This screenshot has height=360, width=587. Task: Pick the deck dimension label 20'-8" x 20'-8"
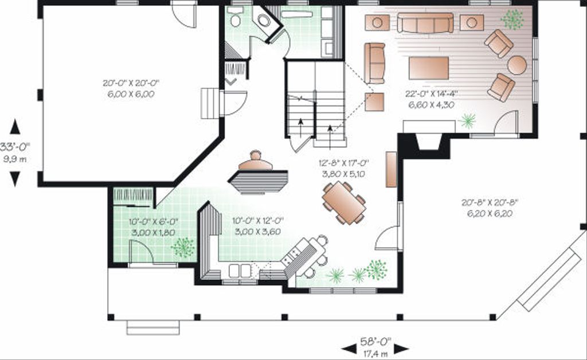click(x=486, y=208)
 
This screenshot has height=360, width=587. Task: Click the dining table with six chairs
click(x=343, y=202)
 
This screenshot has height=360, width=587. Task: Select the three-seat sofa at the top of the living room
click(x=425, y=23)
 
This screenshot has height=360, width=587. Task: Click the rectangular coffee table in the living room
click(x=428, y=68)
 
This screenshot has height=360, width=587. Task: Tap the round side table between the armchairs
click(x=516, y=65)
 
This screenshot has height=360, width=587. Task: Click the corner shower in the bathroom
click(x=265, y=21)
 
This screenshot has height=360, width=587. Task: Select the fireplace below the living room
click(x=428, y=140)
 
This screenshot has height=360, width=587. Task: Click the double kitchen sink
click(x=240, y=271)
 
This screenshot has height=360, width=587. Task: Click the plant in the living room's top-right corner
click(x=512, y=19)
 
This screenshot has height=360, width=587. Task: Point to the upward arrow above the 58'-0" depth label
click(x=15, y=127)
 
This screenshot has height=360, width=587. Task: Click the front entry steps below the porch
click(x=152, y=327)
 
